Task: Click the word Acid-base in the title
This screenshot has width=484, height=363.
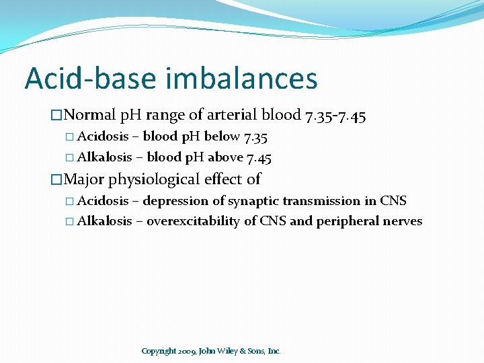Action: point(89,78)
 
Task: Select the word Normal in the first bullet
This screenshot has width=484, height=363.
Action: point(91,116)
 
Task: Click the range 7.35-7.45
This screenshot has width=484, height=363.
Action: point(335,116)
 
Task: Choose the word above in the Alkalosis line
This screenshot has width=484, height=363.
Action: point(225,157)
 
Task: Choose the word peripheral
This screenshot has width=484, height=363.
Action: point(354,221)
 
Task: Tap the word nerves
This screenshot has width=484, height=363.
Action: point(403,221)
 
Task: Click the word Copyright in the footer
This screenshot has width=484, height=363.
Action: point(159,351)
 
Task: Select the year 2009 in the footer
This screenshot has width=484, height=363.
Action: point(188,351)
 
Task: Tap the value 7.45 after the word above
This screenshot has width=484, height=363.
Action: point(259,157)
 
